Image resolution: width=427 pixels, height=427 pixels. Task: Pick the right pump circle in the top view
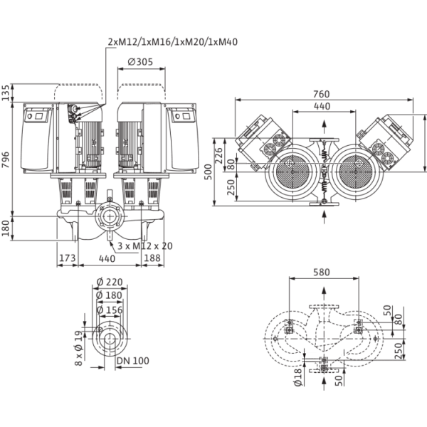tap(353, 174)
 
